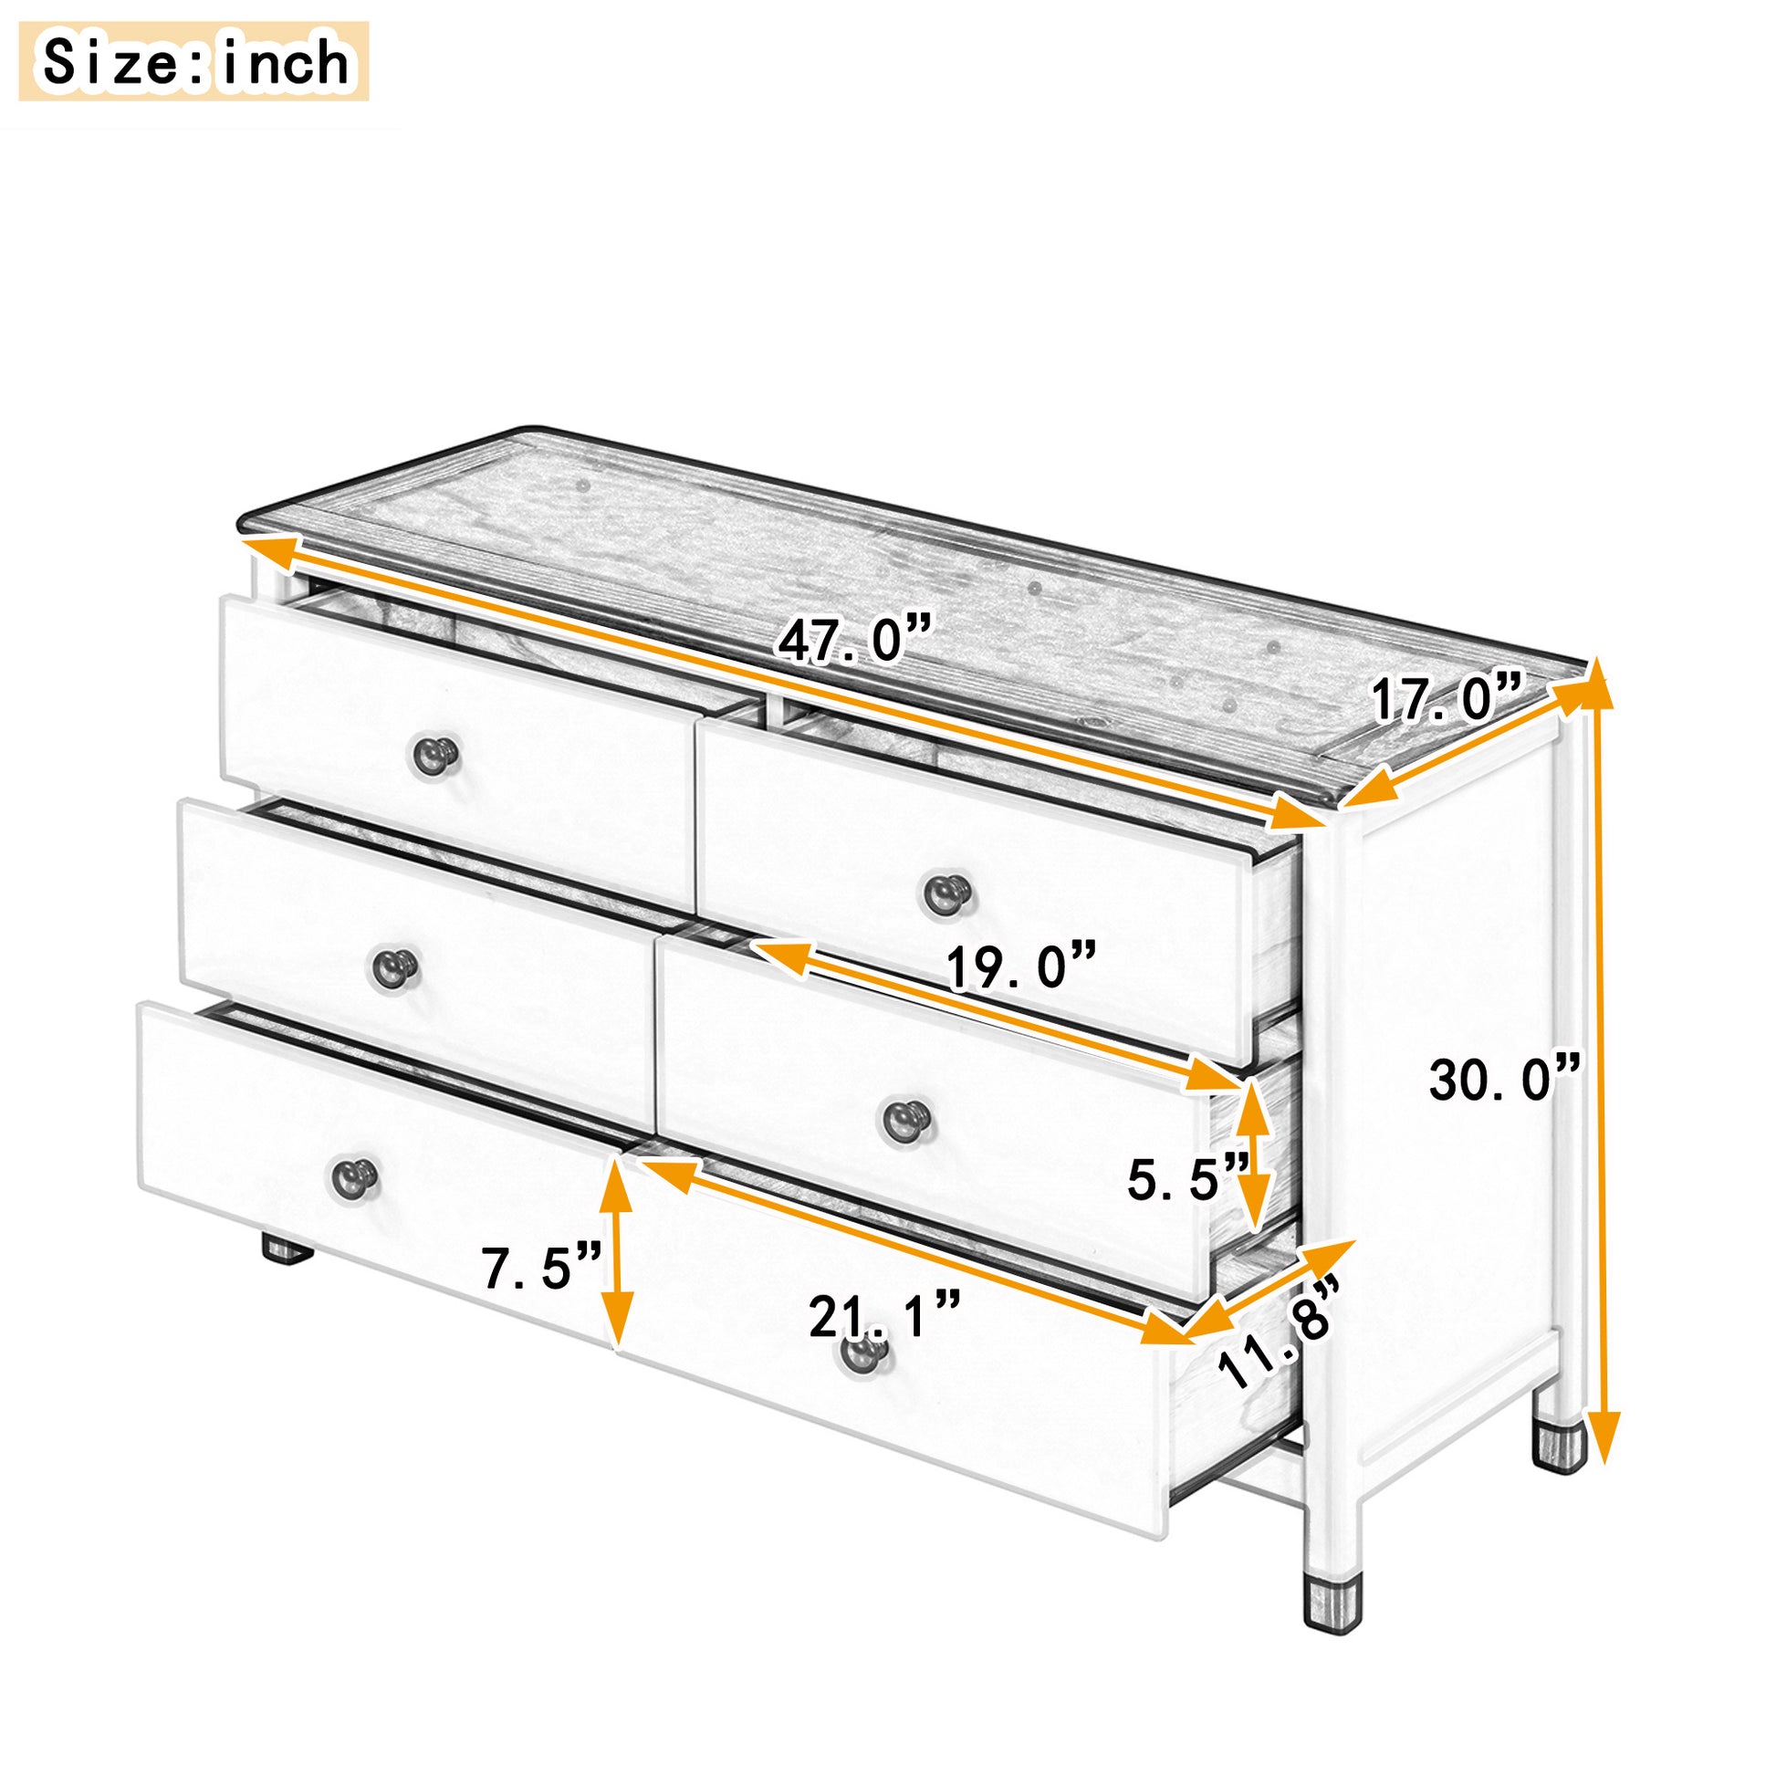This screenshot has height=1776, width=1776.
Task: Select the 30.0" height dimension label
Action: tap(1505, 1079)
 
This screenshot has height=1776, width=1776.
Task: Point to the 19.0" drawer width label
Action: tap(1021, 967)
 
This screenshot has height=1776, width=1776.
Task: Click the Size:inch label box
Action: tap(194, 61)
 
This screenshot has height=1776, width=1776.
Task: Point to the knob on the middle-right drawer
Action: tap(906, 1120)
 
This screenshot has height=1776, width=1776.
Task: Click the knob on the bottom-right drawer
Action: tap(863, 1353)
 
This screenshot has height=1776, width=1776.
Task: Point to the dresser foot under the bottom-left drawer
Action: tap(287, 1250)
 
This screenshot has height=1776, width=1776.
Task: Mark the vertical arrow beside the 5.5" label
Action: tap(1252, 1155)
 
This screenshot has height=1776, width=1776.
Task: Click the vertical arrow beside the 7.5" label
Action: tap(616, 1259)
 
